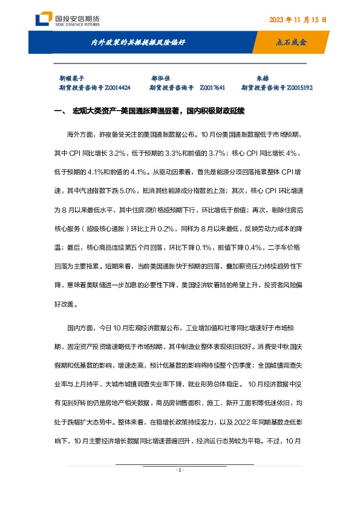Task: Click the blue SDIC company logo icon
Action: pyautogui.click(x=42, y=19)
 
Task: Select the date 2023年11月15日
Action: pyautogui.click(x=298, y=19)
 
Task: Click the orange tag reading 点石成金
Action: pyautogui.click(x=291, y=43)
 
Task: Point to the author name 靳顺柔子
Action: pyautogui.click(x=71, y=78)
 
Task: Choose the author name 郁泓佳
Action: pyautogui.click(x=160, y=78)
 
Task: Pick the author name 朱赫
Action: pyautogui.click(x=262, y=78)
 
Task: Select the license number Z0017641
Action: pyautogui.click(x=212, y=88)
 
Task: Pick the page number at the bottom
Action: pyautogui.click(x=180, y=470)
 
